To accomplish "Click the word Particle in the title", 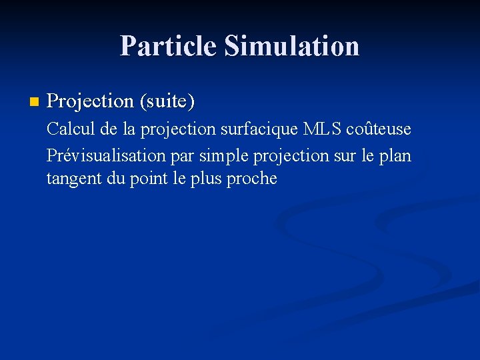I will click(169, 46).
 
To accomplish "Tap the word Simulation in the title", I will click(291, 46).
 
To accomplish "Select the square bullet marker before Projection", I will click(34, 102).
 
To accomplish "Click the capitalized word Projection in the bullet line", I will click(91, 102).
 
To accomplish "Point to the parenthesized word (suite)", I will click(167, 102).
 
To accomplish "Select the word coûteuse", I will click(378, 129).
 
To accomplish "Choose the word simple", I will click(222, 157).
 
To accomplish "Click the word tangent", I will click(71, 179).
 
